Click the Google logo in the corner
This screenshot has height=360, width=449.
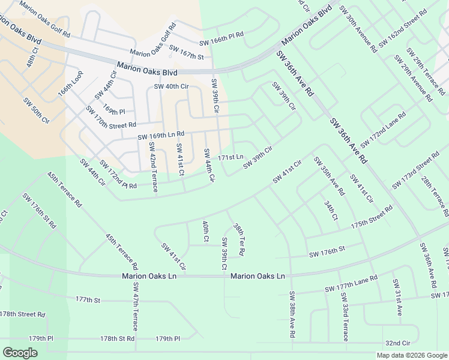(x=20, y=353)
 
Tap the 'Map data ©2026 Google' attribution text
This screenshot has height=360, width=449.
(x=412, y=355)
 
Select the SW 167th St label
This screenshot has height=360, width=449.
(x=187, y=52)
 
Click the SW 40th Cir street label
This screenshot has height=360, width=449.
(x=171, y=86)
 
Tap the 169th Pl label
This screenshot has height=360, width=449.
(x=113, y=111)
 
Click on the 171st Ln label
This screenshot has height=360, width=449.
(x=231, y=157)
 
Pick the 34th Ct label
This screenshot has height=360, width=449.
(x=331, y=211)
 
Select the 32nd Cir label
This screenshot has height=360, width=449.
(x=397, y=343)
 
